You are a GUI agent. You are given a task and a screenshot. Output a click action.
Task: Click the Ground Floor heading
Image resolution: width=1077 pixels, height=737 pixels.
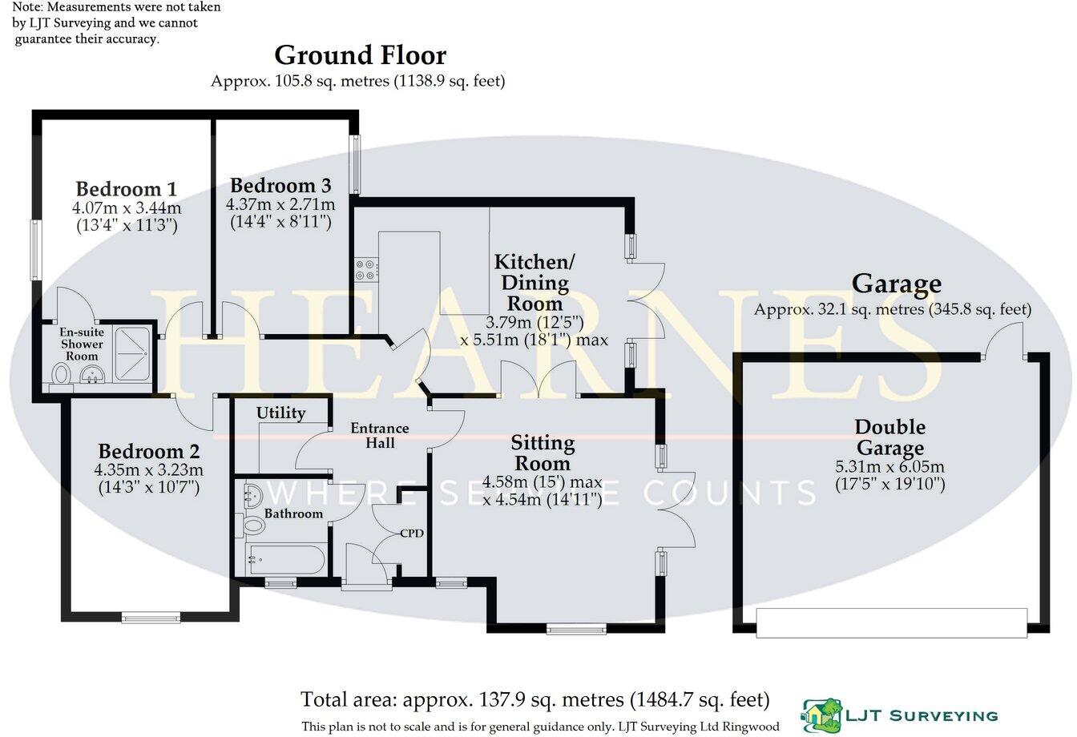pos(360,56)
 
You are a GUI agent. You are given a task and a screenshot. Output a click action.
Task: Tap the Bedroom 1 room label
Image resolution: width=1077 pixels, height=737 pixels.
pos(126,190)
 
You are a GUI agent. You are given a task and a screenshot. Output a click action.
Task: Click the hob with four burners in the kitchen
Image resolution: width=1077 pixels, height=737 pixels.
pos(365,269)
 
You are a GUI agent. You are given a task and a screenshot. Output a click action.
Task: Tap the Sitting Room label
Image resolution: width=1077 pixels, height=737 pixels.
pos(543,453)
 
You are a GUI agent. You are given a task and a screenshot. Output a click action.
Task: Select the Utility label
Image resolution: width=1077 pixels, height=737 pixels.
pos(280,413)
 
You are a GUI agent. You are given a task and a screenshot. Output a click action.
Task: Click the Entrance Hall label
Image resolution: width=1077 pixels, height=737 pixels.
pos(379,435)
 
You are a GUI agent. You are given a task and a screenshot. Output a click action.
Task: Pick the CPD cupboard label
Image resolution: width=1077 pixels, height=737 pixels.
pos(412,533)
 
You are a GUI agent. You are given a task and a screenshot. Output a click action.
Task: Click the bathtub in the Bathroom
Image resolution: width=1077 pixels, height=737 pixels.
pos(285,558)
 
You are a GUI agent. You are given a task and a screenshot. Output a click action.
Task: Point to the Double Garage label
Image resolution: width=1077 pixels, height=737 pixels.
pos(889,437)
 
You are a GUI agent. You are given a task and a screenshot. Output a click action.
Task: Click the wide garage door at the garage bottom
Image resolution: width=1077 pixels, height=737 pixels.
pos(891,622)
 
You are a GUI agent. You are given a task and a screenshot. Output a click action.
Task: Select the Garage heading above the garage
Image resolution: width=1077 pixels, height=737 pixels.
pos(896,284)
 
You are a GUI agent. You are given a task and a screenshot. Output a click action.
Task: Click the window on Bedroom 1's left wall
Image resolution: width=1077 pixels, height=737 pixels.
pos(35,250)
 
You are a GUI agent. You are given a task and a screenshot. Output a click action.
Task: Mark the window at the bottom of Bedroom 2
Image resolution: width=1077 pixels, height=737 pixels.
pos(151,617)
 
